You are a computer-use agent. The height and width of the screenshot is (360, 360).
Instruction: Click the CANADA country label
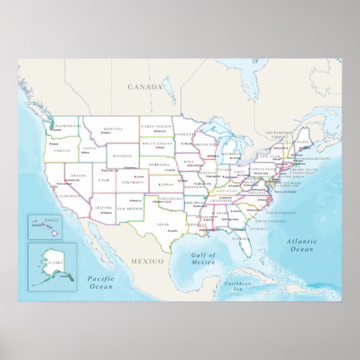click(146, 87)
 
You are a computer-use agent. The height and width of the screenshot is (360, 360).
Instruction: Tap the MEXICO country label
click(148, 261)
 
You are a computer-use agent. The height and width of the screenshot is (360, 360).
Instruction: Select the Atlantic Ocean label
click(300, 245)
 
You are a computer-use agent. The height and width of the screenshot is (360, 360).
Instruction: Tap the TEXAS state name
click(162, 224)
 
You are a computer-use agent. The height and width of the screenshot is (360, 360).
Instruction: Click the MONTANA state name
click(112, 129)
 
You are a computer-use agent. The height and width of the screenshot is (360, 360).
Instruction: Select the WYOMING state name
click(122, 156)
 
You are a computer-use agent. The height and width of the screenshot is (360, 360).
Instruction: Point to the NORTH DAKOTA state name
click(156, 127)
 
